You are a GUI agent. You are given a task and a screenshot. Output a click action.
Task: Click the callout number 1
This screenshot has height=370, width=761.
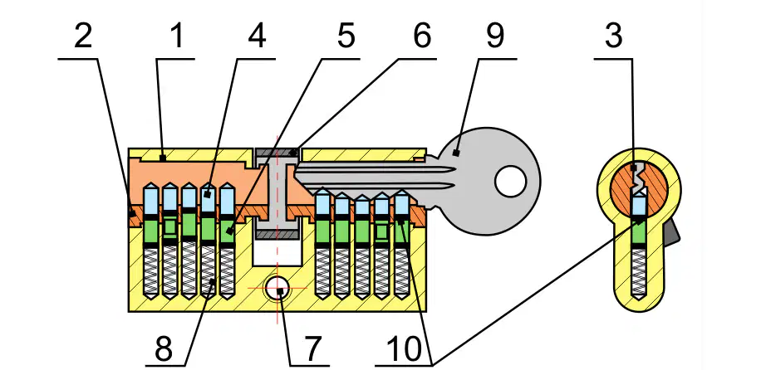tap(178, 37)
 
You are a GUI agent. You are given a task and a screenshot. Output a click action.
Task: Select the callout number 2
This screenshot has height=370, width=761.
tap(83, 37)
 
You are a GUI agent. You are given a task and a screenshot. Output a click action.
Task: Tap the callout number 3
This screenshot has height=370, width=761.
tap(613, 37)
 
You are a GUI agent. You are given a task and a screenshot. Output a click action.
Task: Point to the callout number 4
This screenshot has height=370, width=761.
tap(257, 37)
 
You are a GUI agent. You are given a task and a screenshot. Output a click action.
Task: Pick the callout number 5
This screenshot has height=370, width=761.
tap(346, 37)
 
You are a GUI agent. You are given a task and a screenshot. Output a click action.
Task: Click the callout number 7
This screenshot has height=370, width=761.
tap(310, 348)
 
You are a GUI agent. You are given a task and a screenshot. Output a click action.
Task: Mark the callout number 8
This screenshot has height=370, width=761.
tap(164, 348)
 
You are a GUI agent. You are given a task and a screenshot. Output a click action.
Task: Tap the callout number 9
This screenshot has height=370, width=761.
tap(495, 37)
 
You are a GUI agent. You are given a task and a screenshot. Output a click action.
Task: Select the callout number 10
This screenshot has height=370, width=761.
tap(406, 348)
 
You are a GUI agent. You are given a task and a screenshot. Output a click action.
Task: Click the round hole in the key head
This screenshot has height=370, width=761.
tap(511, 182)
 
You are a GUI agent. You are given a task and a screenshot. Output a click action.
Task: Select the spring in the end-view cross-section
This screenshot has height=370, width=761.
tap(639, 271)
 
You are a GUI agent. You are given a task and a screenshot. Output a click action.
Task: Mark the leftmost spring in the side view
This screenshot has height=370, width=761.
tap(151, 271)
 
